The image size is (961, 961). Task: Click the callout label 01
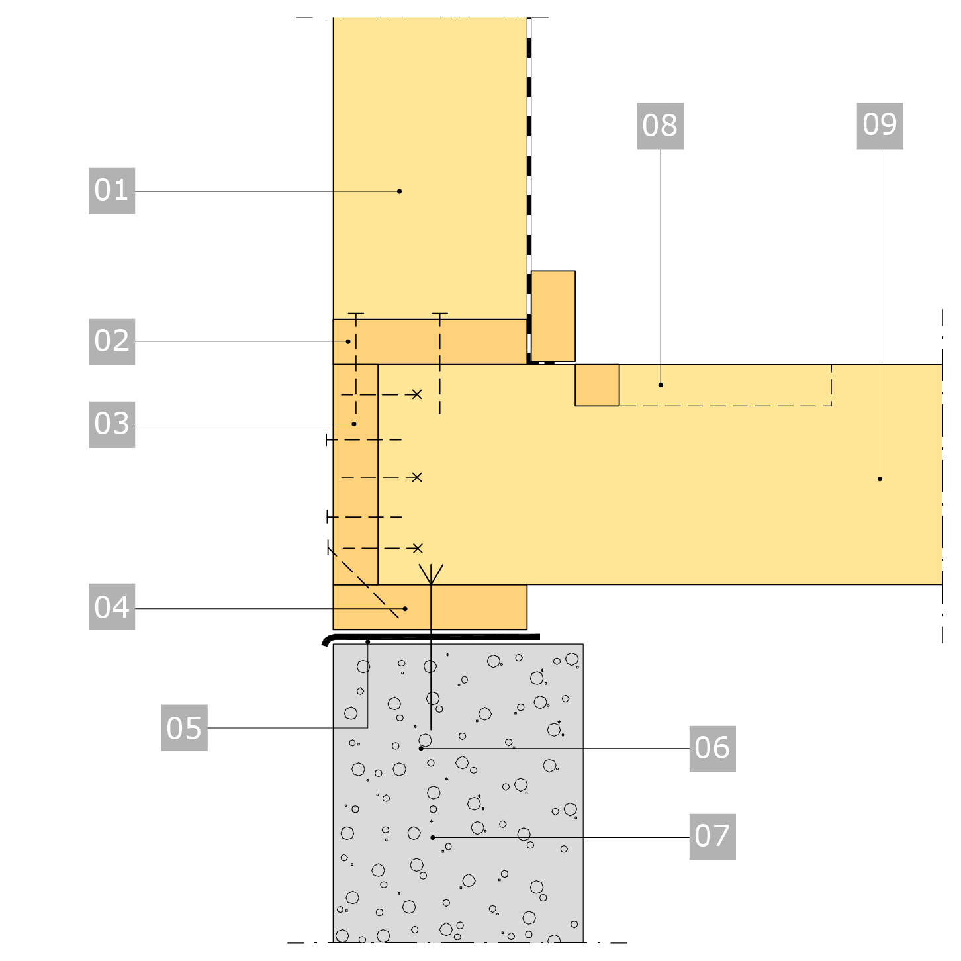pyautogui.click(x=112, y=191)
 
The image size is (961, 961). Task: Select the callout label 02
pyautogui.click(x=112, y=342)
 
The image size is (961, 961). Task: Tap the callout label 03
pyautogui.click(x=112, y=425)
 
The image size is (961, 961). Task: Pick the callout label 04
pyautogui.click(x=112, y=607)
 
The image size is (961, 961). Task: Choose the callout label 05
pyautogui.click(x=184, y=728)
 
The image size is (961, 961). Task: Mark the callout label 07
pyautogui.click(x=713, y=837)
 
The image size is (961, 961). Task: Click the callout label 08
pyautogui.click(x=661, y=126)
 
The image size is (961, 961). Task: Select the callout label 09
pyautogui.click(x=880, y=126)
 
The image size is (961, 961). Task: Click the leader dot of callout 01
pyautogui.click(x=400, y=191)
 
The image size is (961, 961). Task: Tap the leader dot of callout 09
pyautogui.click(x=880, y=479)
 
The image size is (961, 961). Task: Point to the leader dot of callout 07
pyautogui.click(x=433, y=838)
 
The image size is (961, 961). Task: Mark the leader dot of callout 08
pyautogui.click(x=661, y=385)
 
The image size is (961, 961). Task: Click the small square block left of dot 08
pyautogui.click(x=597, y=385)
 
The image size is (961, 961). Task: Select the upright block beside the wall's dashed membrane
pyautogui.click(x=553, y=316)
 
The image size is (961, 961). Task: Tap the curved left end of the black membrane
pyautogui.click(x=326, y=641)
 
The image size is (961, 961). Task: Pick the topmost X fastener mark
pyautogui.click(x=417, y=395)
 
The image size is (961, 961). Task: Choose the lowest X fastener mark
pyautogui.click(x=418, y=549)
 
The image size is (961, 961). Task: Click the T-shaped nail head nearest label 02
pyautogui.click(x=356, y=314)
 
